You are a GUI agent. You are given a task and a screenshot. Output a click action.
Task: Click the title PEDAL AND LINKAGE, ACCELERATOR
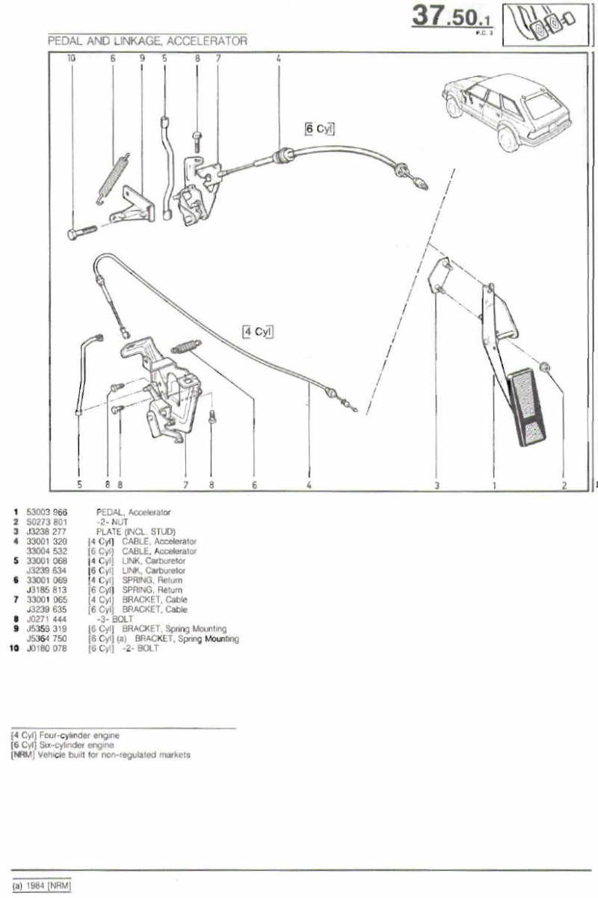pyautogui.click(x=147, y=42)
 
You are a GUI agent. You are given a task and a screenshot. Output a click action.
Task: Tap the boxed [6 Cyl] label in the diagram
pyautogui.click(x=319, y=129)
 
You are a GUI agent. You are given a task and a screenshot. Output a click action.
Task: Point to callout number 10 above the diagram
pyautogui.click(x=72, y=58)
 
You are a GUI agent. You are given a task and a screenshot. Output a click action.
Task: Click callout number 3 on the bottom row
pyautogui.click(x=437, y=485)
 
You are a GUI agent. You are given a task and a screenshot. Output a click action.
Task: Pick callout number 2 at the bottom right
pyautogui.click(x=564, y=485)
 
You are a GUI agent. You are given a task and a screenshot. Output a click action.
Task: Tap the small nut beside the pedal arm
pyautogui.click(x=546, y=367)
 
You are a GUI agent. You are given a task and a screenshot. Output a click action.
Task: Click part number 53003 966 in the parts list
pyautogui.click(x=47, y=512)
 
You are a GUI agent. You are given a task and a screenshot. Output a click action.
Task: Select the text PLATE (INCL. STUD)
pyautogui.click(x=135, y=532)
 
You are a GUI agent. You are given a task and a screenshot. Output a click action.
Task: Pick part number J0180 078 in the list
pyautogui.click(x=47, y=648)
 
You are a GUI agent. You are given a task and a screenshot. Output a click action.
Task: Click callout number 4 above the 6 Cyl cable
pyautogui.click(x=278, y=58)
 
